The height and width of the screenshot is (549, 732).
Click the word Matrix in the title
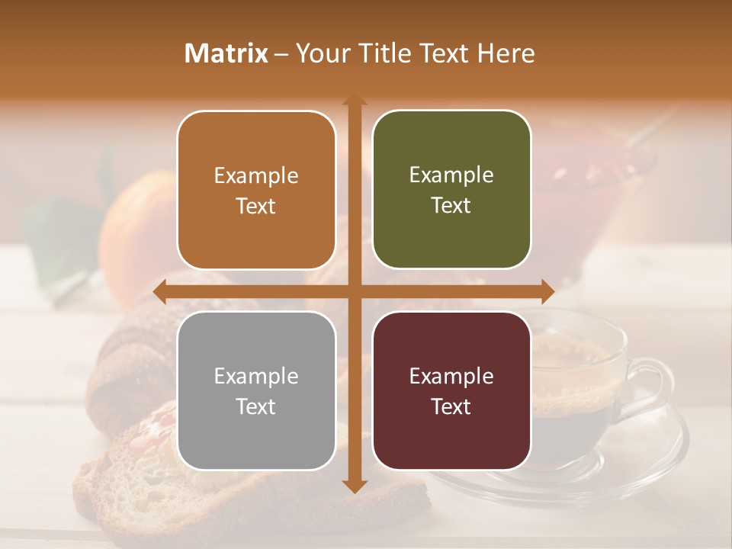(x=226, y=53)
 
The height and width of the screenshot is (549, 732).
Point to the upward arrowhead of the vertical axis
(x=355, y=101)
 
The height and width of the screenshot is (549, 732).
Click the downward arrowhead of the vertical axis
(x=355, y=486)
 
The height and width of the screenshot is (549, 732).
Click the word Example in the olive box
(x=451, y=175)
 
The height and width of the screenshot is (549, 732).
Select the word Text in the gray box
(x=256, y=406)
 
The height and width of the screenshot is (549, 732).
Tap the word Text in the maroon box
(x=451, y=406)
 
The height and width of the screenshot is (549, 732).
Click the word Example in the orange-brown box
(x=256, y=176)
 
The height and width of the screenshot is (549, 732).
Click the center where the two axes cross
(x=355, y=291)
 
